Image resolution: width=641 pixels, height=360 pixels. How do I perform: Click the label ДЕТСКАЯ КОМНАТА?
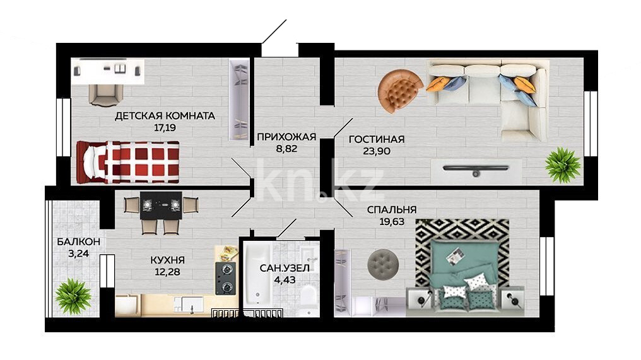pyautogui.click(x=165, y=116)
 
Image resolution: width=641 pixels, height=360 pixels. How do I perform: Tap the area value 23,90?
pyautogui.click(x=377, y=151)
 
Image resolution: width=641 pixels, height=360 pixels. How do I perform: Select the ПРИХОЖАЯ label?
pyautogui.click(x=286, y=137)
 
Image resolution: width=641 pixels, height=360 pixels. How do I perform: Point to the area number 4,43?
pyautogui.click(x=285, y=280)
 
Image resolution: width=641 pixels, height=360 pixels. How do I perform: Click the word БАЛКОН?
pyautogui.click(x=78, y=242)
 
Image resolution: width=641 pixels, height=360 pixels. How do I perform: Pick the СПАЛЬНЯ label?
pyautogui.click(x=392, y=210)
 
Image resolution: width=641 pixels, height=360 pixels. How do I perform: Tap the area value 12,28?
pyautogui.click(x=168, y=271)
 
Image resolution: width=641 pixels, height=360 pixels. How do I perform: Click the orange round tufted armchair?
pyautogui.click(x=399, y=91)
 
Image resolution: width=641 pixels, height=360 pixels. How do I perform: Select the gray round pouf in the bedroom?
pyautogui.click(x=383, y=263)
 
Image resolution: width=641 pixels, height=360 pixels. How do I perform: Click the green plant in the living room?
pyautogui.click(x=563, y=165)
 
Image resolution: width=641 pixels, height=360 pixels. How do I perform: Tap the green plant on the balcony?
pyautogui.click(x=73, y=296)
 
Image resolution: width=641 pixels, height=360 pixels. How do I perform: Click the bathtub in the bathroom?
pyautogui.click(x=258, y=279)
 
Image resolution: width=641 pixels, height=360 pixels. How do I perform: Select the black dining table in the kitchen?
pyautogui.click(x=161, y=205)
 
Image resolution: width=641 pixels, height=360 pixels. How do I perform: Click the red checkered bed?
pyautogui.click(x=128, y=162)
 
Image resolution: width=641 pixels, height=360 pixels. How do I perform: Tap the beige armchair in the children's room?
pyautogui.click(x=106, y=95)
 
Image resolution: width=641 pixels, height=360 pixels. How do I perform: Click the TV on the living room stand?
pyautogui.click(x=476, y=169)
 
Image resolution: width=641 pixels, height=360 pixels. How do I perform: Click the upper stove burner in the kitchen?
pyautogui.click(x=226, y=269)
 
